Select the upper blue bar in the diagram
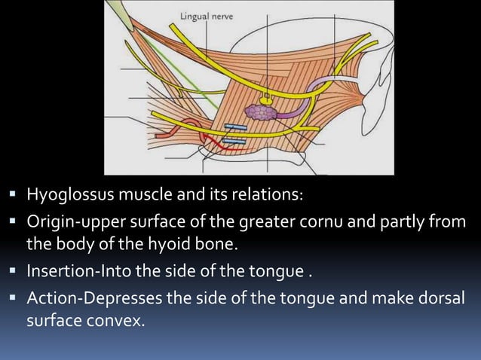pyautogui.click(x=234, y=127)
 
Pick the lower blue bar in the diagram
pyautogui.click(x=234, y=141)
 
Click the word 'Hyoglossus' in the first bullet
pyautogui.click(x=67, y=196)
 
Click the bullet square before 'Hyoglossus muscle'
pyautogui.click(x=15, y=196)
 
